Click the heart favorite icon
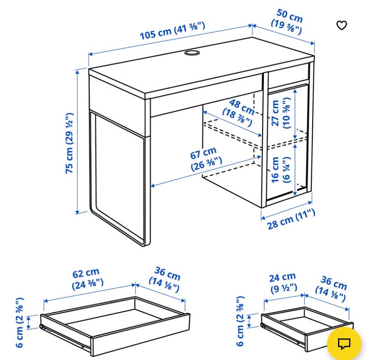click(341, 25)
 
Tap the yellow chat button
click(344, 344)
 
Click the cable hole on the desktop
click(192, 53)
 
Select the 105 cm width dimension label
click(172, 30)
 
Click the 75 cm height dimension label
click(69, 143)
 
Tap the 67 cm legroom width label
click(206, 159)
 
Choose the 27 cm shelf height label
click(281, 113)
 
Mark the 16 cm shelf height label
click(281, 170)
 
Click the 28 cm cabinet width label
click(291, 219)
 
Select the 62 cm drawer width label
click(87, 279)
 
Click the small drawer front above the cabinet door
click(288, 76)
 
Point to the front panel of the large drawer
click(140, 335)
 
